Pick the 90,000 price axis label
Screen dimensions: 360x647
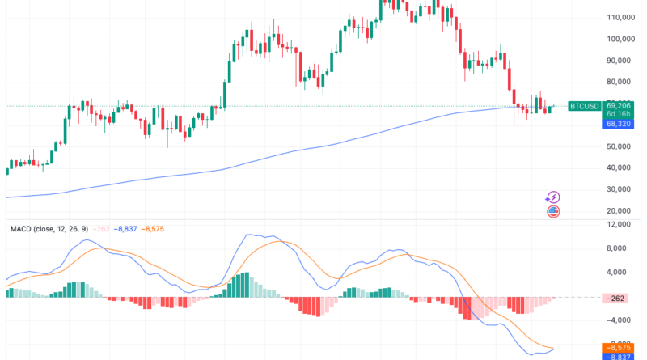[620, 61]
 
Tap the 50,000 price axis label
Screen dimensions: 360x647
[620, 146]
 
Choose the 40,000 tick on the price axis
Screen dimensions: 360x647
[620, 167]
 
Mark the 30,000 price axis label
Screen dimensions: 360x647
[620, 189]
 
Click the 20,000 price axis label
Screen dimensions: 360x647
[620, 210]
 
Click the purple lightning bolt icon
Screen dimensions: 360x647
[553, 197]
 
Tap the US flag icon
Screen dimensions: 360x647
[553, 211]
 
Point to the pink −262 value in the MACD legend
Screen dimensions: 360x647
[101, 229]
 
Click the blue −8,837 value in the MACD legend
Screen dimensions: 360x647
[125, 229]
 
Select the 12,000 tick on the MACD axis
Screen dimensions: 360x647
[619, 226]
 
